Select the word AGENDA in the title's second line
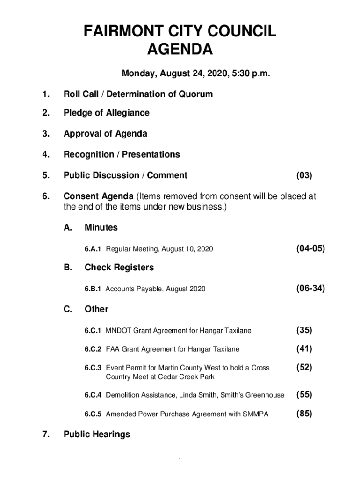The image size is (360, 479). point(180,49)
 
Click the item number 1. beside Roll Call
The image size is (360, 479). point(45,94)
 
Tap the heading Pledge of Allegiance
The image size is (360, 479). point(107,113)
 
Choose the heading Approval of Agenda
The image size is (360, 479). point(105,134)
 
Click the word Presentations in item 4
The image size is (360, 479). point(150,154)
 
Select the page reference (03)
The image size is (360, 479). point(304,175)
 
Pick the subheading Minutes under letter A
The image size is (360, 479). point(101,228)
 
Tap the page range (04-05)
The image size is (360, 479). point(310,248)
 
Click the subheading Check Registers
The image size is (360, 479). point(119,268)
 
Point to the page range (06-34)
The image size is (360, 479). point(310,289)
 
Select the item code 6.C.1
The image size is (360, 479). point(93,331)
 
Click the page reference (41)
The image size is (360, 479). point(304,348)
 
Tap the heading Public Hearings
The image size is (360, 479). point(97,435)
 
